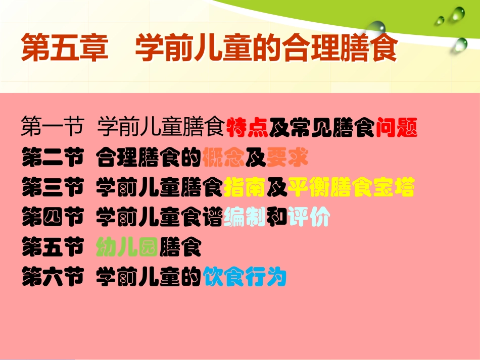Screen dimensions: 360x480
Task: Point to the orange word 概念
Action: pos(224,159)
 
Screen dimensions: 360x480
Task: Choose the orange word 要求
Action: pos(287,159)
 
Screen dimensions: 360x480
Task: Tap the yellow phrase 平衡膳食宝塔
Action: pos(351,188)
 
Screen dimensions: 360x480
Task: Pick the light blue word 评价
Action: pos(309,218)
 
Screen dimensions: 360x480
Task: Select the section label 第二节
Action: pos(52,159)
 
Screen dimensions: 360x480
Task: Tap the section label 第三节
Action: pos(52,188)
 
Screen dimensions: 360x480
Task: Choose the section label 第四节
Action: pos(52,218)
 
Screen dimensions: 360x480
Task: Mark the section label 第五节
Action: pos(52,248)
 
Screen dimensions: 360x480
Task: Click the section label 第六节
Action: pos(52,278)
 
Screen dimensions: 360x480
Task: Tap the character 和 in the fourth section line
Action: pos(277,218)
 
